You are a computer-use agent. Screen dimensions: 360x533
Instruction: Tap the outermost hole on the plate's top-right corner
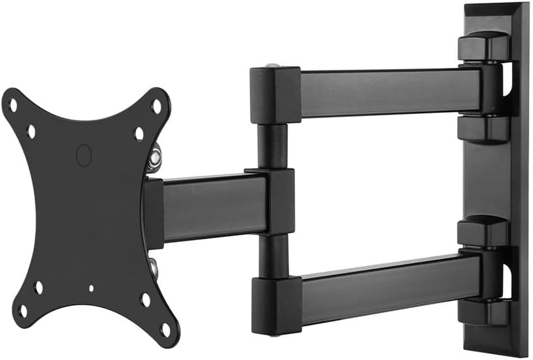[156, 106]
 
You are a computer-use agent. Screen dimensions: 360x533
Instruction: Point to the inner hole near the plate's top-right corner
[139, 133]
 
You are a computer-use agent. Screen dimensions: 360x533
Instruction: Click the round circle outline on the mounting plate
[84, 155]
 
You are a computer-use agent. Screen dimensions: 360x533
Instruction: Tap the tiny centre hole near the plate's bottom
[91, 289]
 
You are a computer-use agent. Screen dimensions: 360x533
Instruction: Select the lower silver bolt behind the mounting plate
[154, 267]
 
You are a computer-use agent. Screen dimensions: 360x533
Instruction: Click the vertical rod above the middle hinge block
[272, 145]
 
